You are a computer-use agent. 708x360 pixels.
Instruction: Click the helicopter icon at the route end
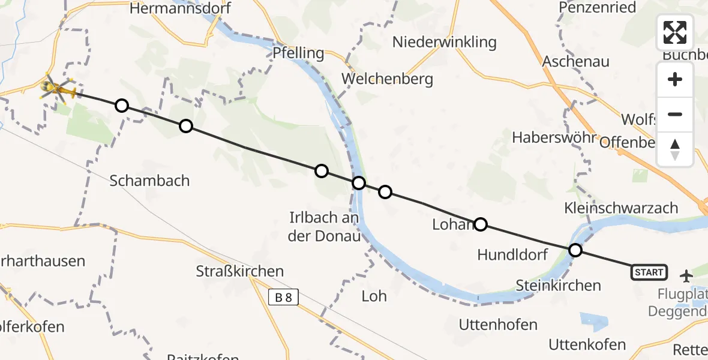(58, 90)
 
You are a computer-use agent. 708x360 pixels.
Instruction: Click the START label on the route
(649, 272)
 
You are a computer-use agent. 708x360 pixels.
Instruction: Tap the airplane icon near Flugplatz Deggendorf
(686, 276)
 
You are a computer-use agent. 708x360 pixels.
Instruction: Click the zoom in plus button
(675, 80)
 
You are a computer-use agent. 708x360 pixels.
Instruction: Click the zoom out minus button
(675, 114)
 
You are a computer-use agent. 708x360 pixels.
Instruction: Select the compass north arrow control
(675, 149)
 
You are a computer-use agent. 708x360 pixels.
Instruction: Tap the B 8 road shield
(283, 296)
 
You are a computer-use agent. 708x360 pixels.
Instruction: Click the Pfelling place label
(298, 53)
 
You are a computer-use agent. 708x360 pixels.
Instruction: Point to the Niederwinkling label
(445, 42)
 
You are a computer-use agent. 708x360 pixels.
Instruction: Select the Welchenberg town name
(387, 79)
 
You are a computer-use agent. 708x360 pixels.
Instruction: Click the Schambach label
(149, 181)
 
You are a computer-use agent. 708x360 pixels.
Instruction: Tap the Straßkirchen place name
(240, 271)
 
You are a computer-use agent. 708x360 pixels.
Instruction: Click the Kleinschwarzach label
(620, 208)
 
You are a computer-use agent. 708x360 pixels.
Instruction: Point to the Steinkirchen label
(559, 286)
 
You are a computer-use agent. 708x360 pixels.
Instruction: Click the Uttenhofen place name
(498, 325)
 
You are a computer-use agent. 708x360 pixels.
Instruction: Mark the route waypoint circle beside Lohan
(481, 224)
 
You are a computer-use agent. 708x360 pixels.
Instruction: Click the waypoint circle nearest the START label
(575, 250)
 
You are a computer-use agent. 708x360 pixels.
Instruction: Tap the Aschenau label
(575, 61)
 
